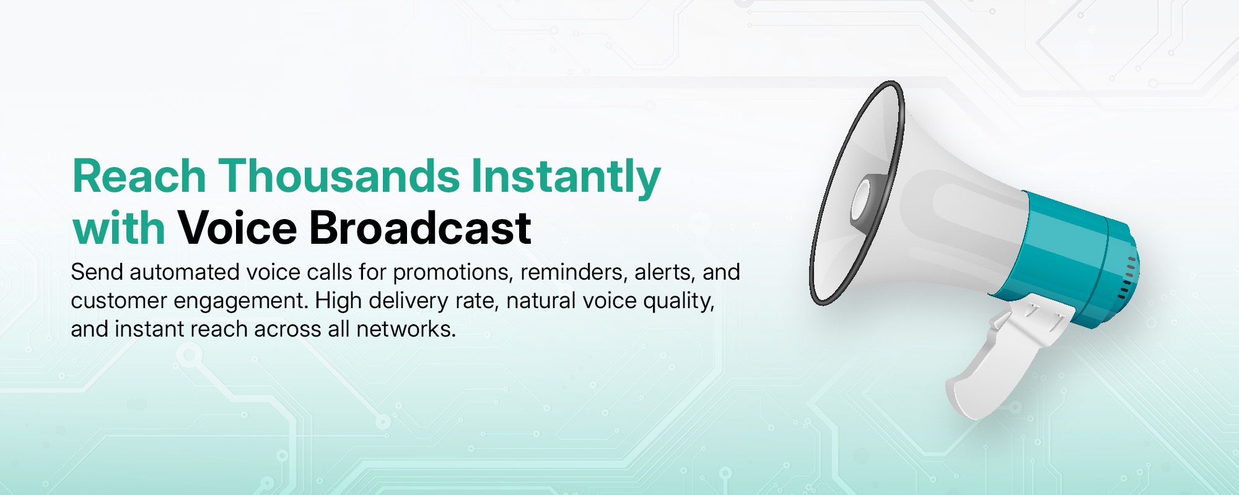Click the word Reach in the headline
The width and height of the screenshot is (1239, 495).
point(139,176)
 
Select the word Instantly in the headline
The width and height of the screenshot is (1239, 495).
point(566,179)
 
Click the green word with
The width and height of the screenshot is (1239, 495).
point(119,228)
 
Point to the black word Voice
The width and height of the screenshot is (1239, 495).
point(237,228)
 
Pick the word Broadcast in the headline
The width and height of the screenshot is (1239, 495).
point(420,228)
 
